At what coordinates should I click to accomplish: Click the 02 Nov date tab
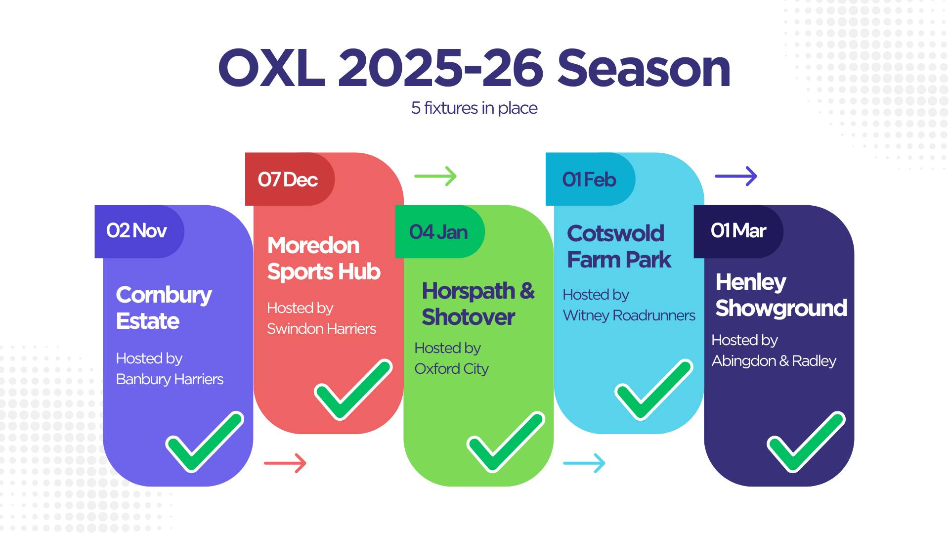(139, 231)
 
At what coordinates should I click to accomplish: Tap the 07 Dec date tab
(290, 179)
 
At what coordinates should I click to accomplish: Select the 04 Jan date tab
(440, 231)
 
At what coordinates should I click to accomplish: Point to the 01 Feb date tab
(590, 179)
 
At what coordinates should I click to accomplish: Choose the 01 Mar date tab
(738, 231)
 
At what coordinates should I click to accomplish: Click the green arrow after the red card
(435, 176)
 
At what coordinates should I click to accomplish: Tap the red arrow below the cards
(285, 463)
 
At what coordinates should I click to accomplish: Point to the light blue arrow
(584, 463)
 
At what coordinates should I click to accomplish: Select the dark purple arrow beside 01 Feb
(736, 176)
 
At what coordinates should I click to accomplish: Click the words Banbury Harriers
(170, 379)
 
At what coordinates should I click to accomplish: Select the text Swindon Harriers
(321, 329)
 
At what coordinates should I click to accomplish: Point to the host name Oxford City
(451, 369)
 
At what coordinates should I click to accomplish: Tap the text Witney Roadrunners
(629, 315)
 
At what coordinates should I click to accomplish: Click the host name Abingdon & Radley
(774, 361)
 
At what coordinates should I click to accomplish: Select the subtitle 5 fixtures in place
(474, 108)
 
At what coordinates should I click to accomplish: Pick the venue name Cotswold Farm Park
(619, 246)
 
